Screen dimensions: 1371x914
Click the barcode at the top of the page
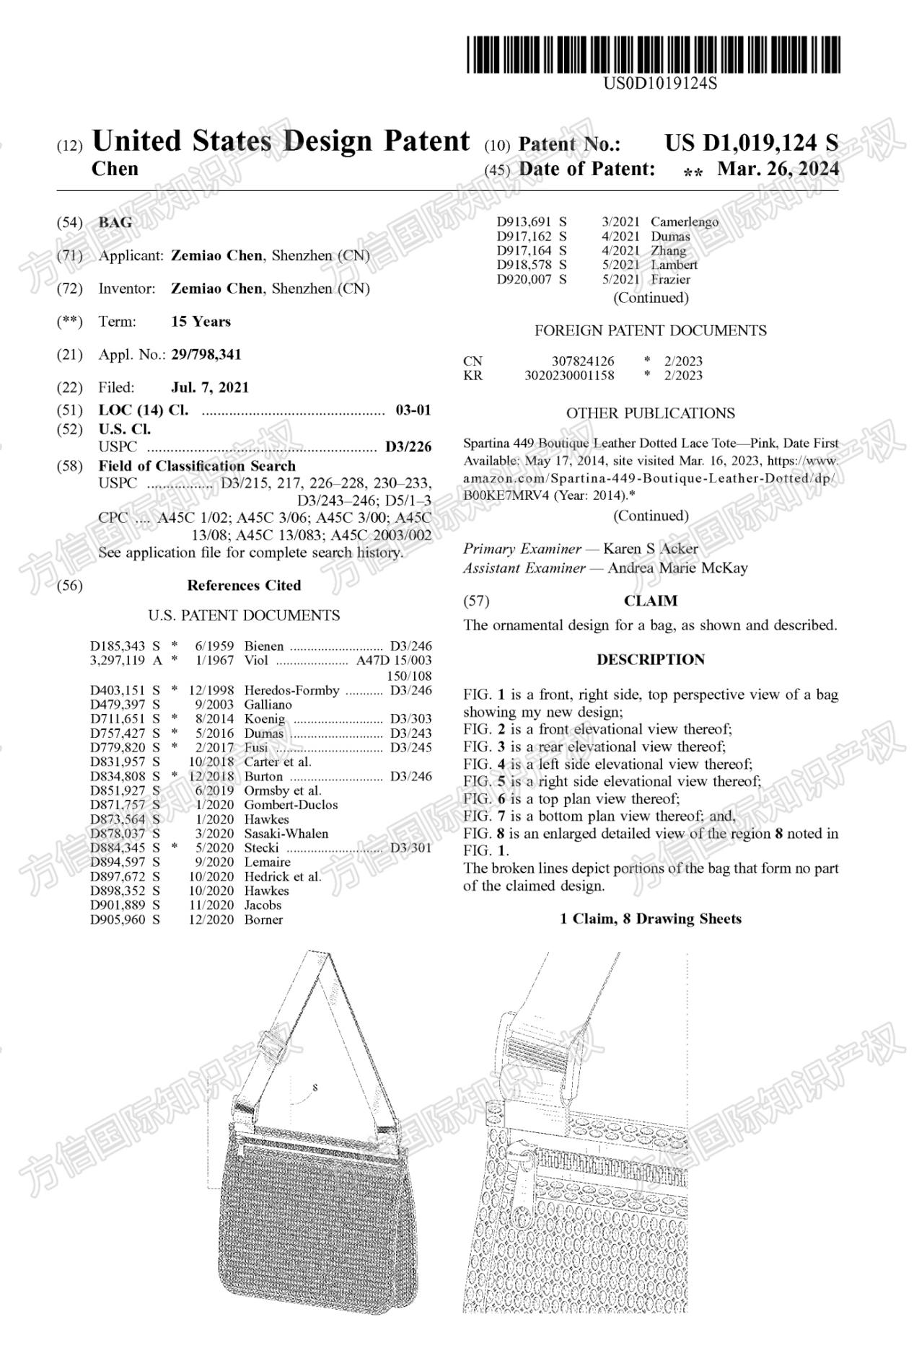653,54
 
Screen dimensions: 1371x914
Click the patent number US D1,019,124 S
751,143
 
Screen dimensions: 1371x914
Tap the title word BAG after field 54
115,222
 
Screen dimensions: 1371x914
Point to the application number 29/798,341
206,354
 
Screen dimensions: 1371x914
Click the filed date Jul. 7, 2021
209,387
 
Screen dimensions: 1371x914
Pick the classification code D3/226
408,447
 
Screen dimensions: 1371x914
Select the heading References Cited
244,585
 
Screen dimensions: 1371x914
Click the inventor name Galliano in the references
268,704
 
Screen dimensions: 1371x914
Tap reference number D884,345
118,847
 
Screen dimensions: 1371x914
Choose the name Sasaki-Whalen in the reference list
286,833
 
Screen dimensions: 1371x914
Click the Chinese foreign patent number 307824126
583,361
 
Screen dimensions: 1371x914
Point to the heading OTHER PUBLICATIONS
650,413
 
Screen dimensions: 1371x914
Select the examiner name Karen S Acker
650,549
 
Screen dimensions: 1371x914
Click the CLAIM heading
650,601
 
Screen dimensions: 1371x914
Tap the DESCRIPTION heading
650,659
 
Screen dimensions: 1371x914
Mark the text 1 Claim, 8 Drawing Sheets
650,918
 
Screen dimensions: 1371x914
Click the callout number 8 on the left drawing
315,1087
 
